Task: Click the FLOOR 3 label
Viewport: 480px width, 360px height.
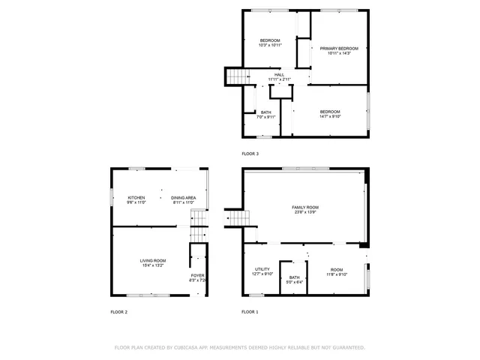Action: (250, 154)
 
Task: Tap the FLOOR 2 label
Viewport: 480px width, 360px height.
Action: (119, 311)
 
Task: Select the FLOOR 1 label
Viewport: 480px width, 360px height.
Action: (250, 311)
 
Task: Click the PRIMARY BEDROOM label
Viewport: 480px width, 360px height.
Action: (338, 48)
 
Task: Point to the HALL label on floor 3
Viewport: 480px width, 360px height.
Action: (279, 75)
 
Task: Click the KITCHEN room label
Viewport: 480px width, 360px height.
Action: (136, 197)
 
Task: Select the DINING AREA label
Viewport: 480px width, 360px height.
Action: (184, 197)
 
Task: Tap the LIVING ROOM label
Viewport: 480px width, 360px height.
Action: (152, 260)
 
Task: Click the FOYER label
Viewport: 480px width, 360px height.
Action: (197, 275)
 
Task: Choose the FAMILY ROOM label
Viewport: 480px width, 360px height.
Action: (305, 207)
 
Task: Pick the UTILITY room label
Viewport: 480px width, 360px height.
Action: (262, 268)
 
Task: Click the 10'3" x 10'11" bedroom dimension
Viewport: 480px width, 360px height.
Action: (270, 46)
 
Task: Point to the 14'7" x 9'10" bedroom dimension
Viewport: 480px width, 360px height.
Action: (330, 116)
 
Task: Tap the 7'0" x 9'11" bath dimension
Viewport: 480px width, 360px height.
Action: (266, 117)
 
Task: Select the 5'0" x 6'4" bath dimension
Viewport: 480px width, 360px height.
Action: (295, 282)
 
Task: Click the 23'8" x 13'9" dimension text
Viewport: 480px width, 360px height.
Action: (305, 212)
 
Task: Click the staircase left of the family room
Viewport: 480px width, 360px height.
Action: (235, 217)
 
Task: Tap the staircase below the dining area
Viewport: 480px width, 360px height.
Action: (198, 218)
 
